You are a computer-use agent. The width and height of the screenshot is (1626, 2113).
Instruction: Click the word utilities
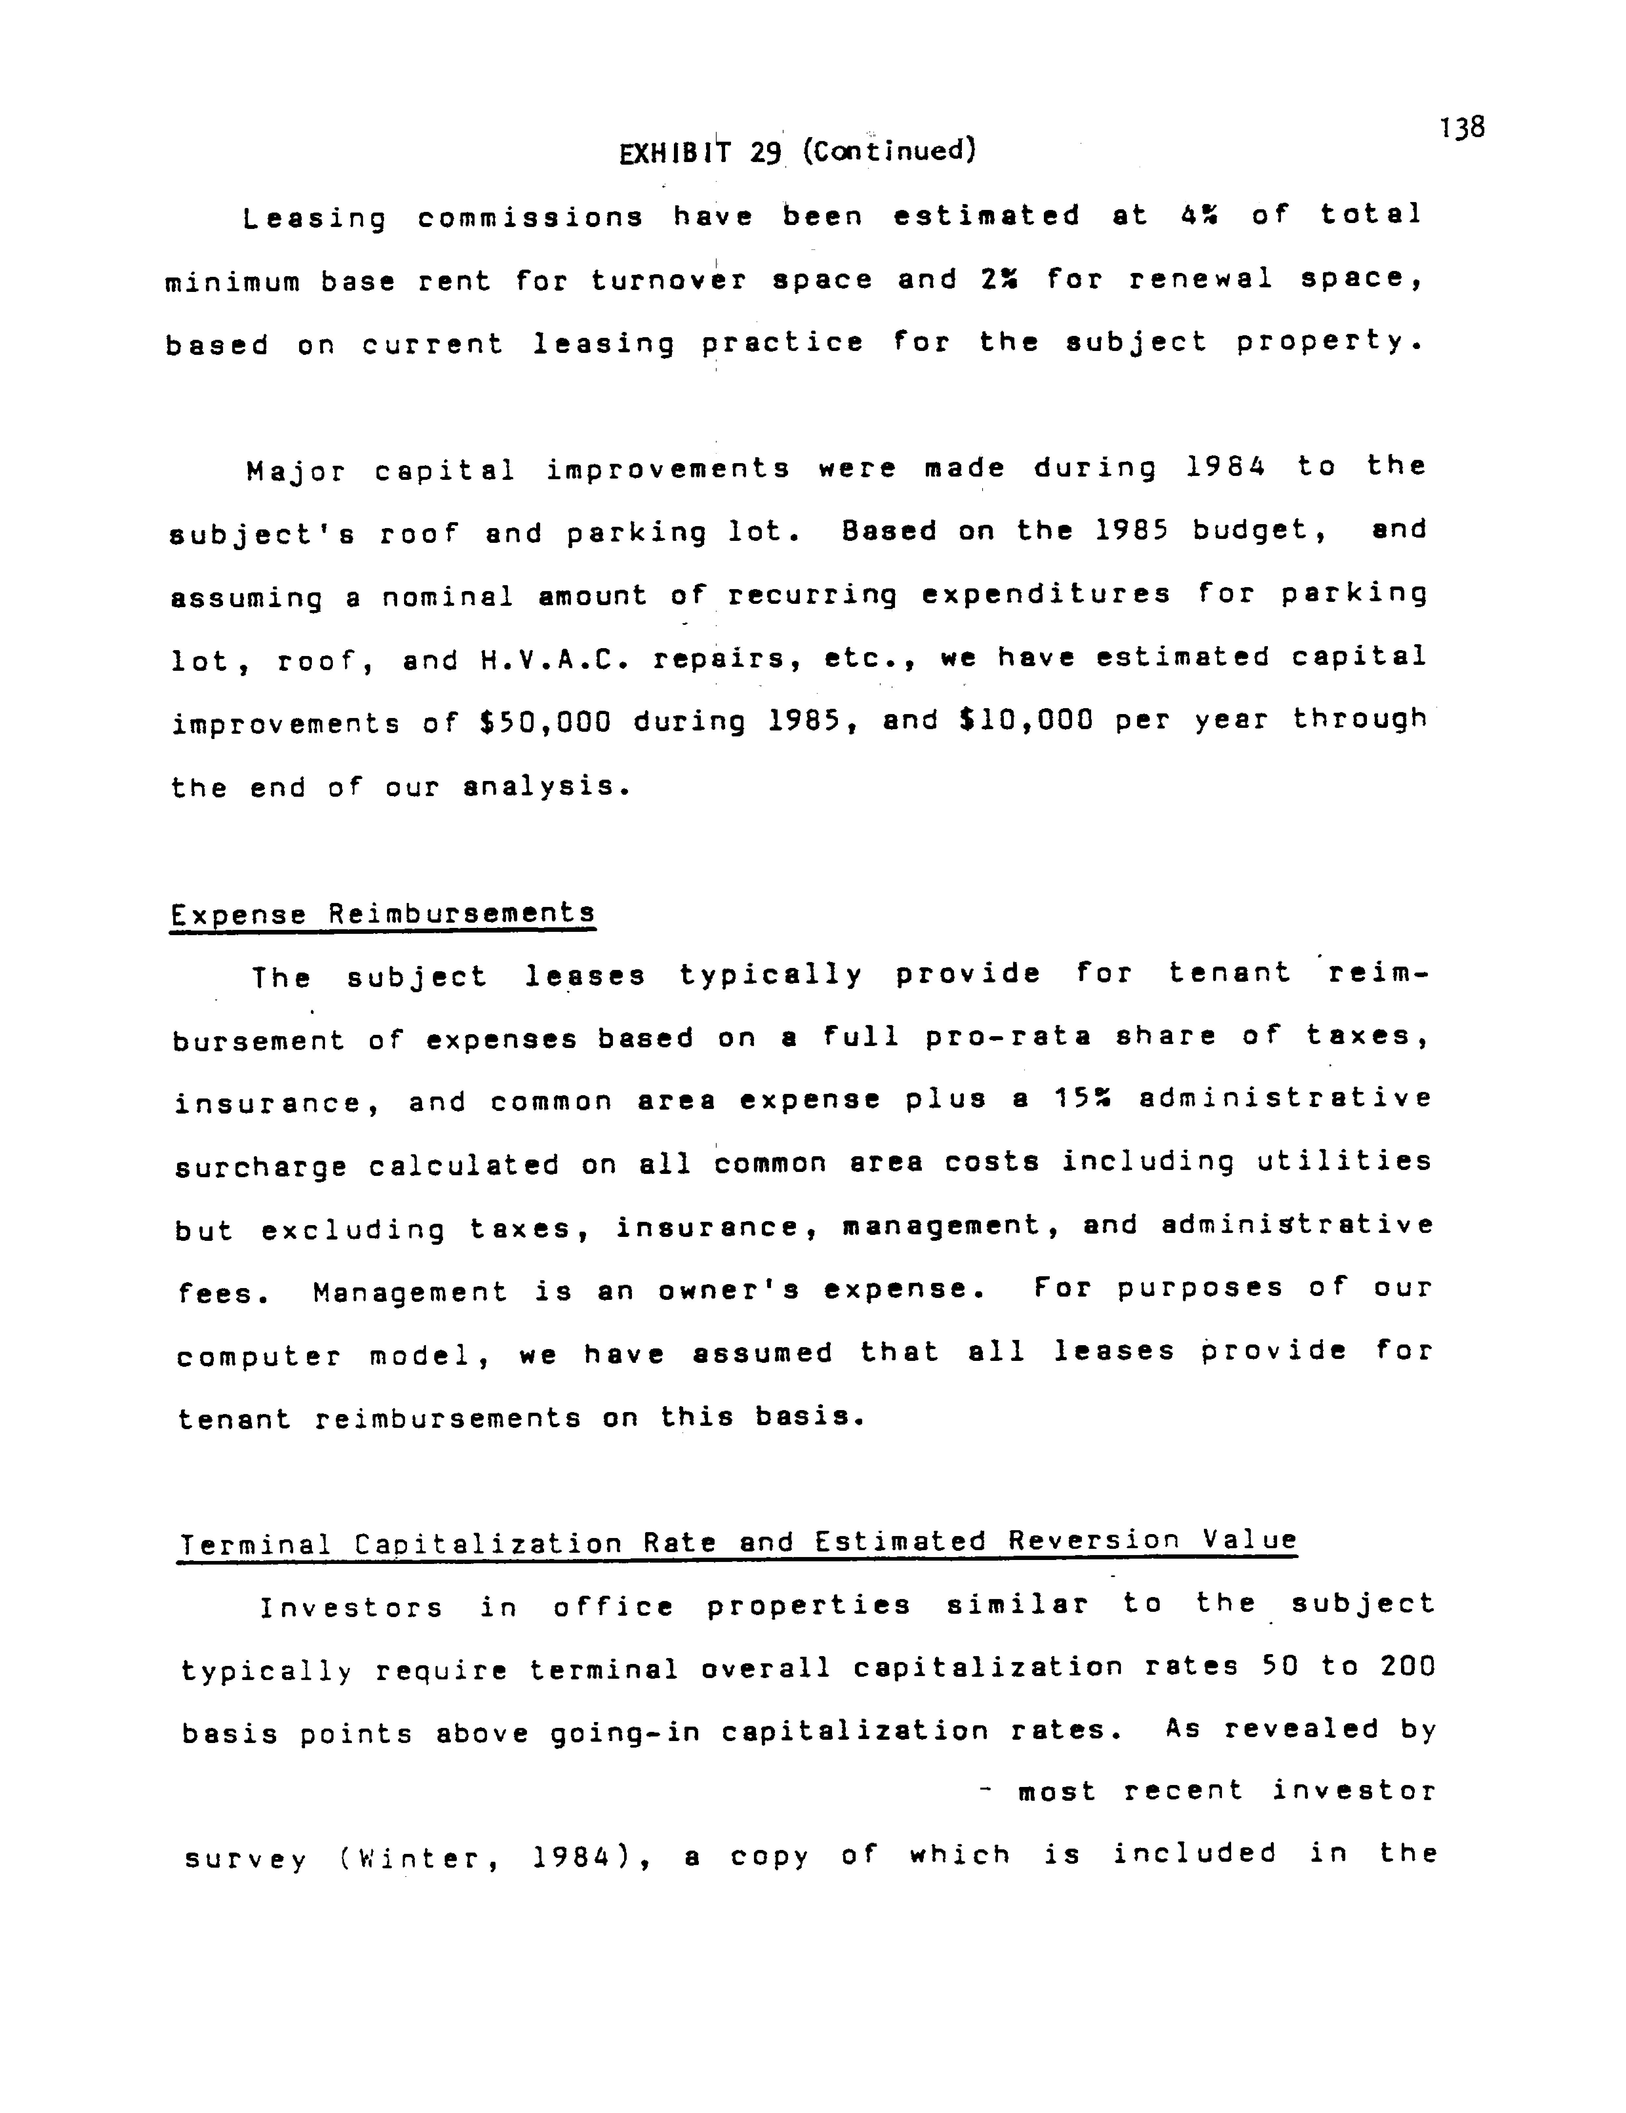pos(1344,1161)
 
